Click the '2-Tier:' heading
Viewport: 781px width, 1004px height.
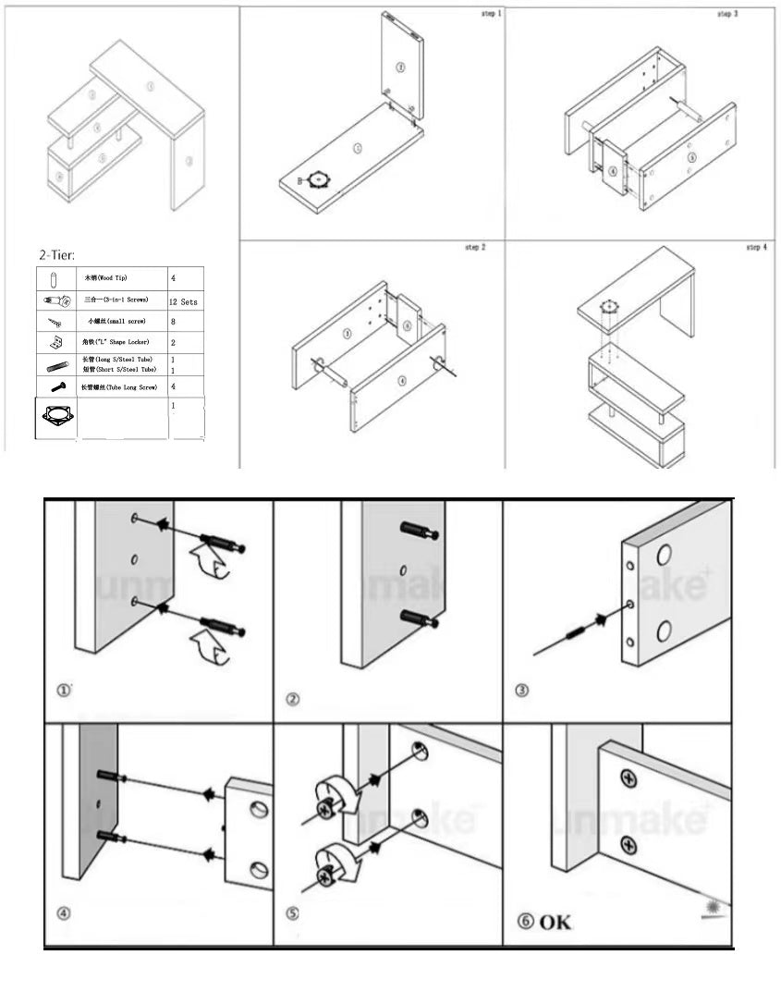(56, 254)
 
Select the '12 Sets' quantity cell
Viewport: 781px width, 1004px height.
(183, 302)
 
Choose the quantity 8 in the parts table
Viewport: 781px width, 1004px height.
(173, 322)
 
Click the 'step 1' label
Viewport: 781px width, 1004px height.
(491, 15)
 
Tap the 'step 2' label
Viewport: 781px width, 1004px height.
(475, 248)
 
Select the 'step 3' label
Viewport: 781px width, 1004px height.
(727, 15)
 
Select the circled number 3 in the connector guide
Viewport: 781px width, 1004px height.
(522, 691)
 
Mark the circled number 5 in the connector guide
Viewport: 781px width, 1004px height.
(293, 913)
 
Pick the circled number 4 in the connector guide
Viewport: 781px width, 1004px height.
(64, 913)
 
